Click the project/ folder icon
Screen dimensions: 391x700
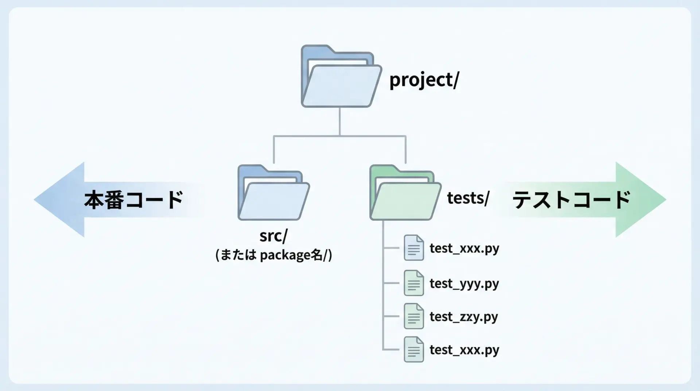pyautogui.click(x=341, y=77)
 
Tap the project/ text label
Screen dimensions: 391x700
pyautogui.click(x=424, y=80)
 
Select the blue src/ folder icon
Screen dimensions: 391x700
pyautogui.click(x=273, y=193)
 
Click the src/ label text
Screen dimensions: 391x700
pyautogui.click(x=273, y=236)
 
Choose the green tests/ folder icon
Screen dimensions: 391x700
pyautogui.click(x=405, y=193)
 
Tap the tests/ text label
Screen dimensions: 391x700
pyautogui.click(x=468, y=198)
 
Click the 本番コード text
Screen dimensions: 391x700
pyautogui.click(x=133, y=200)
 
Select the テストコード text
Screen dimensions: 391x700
pyautogui.click(x=571, y=200)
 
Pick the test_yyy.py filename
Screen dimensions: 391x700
pyautogui.click(x=464, y=283)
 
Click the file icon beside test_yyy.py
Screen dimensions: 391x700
pyautogui.click(x=414, y=283)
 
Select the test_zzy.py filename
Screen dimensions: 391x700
pyautogui.click(x=464, y=317)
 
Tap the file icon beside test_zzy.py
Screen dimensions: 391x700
pyautogui.click(x=414, y=316)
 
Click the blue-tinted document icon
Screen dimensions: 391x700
pyautogui.click(x=414, y=248)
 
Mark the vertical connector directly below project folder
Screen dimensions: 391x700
pyautogui.click(x=340, y=121)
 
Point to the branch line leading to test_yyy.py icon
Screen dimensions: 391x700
pyautogui.click(x=391, y=283)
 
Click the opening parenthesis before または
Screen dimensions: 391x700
pyautogui.click(x=217, y=255)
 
